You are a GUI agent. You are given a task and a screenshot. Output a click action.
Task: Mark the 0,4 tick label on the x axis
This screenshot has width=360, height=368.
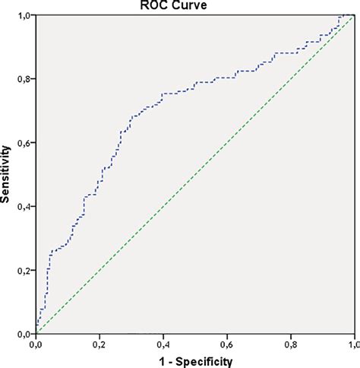[x=163, y=344]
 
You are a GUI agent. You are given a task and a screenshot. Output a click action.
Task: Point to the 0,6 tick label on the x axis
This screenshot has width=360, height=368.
[x=226, y=344]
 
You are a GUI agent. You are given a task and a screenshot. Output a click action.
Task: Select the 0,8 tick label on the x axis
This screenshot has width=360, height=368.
[x=290, y=344]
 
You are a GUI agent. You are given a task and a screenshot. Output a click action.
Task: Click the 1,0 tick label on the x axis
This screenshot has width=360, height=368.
[x=352, y=344]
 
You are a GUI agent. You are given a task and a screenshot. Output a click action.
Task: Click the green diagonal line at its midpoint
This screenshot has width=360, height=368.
[x=194, y=174]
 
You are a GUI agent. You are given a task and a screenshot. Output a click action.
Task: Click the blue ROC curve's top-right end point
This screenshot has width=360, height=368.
[x=352, y=14]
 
